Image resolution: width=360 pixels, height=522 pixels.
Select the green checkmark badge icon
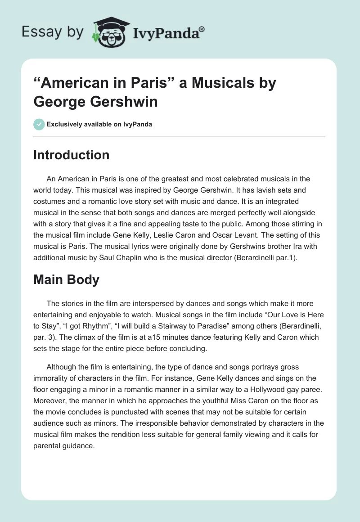click(39, 124)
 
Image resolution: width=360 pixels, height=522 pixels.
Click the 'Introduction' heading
click(72, 155)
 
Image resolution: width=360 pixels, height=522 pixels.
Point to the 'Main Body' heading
click(66, 279)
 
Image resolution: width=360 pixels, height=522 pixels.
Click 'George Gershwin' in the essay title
click(96, 101)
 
